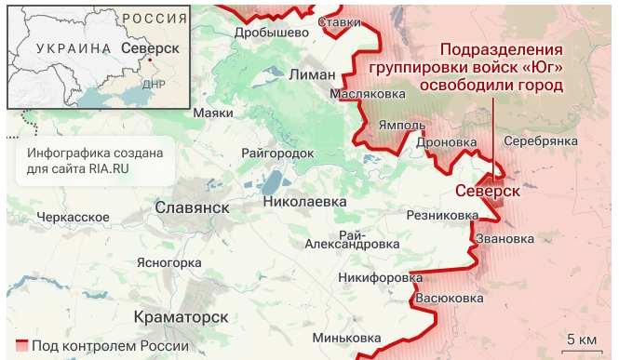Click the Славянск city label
pyautogui.click(x=192, y=207)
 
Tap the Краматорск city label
pyautogui.click(x=182, y=316)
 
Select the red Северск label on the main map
pyautogui.click(x=488, y=191)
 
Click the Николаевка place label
pyautogui.click(x=304, y=201)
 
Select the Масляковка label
pyautogui.click(x=368, y=94)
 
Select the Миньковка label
pyautogui.click(x=347, y=337)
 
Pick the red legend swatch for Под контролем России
pyautogui.click(x=21, y=346)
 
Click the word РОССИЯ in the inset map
pyautogui.click(x=155, y=20)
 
